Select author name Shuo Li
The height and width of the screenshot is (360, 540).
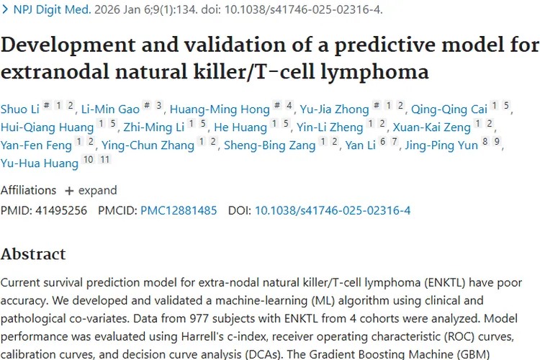20,109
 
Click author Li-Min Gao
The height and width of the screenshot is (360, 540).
109,109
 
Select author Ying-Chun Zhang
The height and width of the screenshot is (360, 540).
148,145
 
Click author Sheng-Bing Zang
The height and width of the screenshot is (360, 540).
269,145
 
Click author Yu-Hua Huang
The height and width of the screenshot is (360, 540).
40,163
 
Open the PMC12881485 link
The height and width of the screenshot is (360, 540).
179,210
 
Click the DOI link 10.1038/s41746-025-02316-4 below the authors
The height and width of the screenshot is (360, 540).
332,210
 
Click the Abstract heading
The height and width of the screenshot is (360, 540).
33,253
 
